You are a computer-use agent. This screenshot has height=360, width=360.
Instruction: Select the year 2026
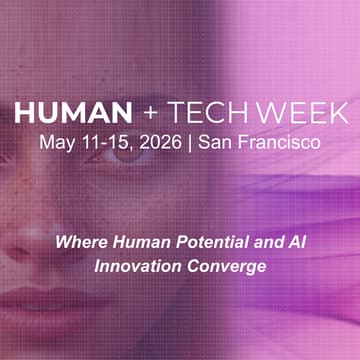(159, 141)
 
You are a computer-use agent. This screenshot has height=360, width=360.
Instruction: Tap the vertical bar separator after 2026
(191, 141)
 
